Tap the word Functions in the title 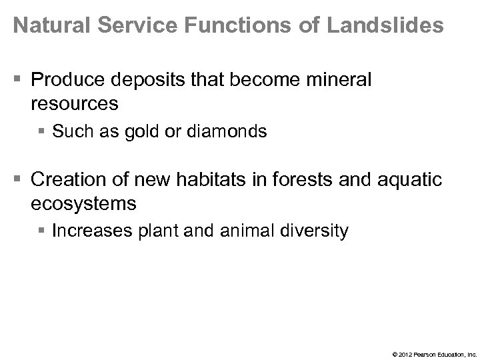(227, 27)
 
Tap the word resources (75, 105)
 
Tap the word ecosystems (83, 203)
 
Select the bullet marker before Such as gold (43, 132)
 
